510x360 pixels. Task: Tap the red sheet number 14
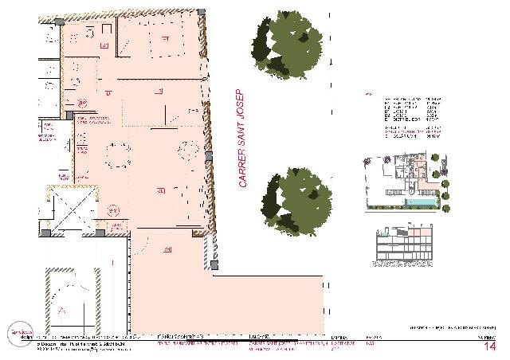(x=489, y=346)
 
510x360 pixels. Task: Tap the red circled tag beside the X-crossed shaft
(x=114, y=210)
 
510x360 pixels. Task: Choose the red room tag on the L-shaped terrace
(x=168, y=250)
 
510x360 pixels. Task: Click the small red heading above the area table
(x=367, y=94)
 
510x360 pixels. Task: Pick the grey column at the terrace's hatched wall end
(x=214, y=264)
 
